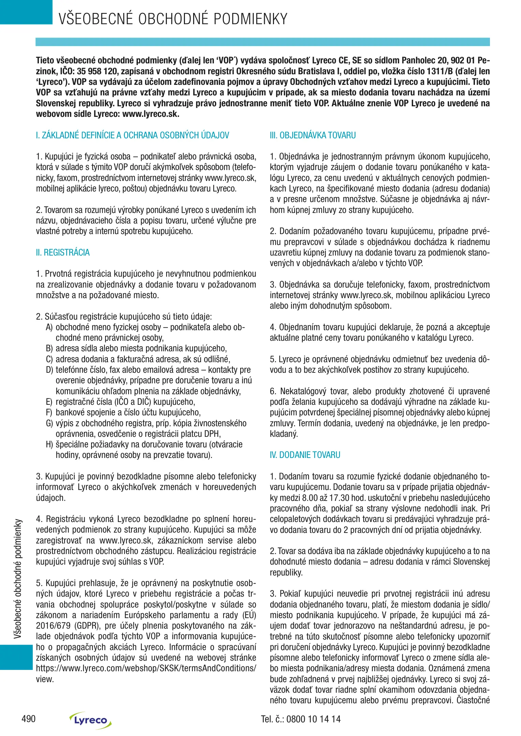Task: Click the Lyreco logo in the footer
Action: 90,720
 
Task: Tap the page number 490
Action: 28,719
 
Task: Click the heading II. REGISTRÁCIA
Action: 63,252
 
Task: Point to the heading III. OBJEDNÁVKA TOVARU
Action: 313,135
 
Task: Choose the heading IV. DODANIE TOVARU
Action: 305,455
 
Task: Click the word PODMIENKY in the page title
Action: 250,19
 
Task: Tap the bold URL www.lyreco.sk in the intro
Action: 150,114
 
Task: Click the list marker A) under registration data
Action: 49,327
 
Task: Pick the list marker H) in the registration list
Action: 49,444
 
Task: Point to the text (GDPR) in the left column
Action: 84,626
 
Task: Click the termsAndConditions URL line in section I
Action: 146,668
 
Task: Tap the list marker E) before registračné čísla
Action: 49,402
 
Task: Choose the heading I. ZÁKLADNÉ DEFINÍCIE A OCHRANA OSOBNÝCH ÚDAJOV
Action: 132,135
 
